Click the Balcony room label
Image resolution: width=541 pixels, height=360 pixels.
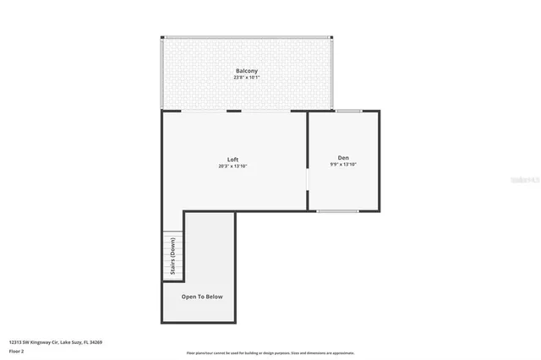click(247, 70)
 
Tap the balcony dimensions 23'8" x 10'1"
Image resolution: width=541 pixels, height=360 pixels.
click(247, 78)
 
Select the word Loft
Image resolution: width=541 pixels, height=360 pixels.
click(232, 159)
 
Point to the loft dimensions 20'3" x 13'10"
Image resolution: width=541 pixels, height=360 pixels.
click(232, 166)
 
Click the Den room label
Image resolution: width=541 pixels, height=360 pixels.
click(343, 157)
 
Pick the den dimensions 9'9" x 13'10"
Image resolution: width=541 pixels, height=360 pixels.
click(343, 165)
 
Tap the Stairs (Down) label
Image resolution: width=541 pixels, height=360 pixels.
click(172, 257)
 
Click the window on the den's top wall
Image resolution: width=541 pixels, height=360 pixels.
click(348, 111)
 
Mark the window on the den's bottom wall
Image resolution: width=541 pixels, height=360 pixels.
click(332, 211)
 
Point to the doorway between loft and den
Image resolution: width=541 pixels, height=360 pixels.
click(307, 182)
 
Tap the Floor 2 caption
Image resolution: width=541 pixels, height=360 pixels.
click(18, 350)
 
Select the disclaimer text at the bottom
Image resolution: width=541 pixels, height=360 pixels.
click(270, 353)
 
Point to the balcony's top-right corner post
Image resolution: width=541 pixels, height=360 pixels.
click(331, 37)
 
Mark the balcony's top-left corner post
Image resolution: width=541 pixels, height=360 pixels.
click(164, 37)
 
